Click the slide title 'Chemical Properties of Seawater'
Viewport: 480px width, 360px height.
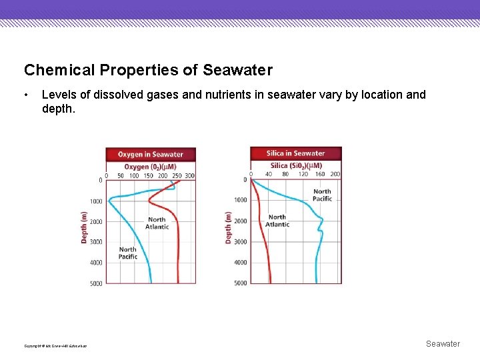tap(148, 70)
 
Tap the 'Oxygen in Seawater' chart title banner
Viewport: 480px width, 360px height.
tap(150, 154)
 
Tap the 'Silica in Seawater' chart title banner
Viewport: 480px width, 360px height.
tap(295, 153)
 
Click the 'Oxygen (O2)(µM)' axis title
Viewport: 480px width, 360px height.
tap(150, 166)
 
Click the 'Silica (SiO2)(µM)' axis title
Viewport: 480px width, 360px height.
tap(295, 165)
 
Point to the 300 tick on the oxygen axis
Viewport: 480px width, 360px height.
tap(189, 176)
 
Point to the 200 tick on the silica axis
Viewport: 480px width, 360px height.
tap(335, 175)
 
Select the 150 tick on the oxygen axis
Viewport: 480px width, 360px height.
tap(148, 176)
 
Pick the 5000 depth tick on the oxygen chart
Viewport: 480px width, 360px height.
tap(96, 283)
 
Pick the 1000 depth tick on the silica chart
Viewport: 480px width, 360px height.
tap(240, 200)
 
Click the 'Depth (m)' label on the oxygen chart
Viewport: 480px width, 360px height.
tap(84, 227)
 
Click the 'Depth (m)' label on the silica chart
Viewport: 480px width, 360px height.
tap(229, 227)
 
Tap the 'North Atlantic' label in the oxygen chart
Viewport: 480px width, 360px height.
tap(157, 223)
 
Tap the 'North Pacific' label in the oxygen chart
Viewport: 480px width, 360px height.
tap(128, 253)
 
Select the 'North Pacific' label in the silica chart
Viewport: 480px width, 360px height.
tap(322, 195)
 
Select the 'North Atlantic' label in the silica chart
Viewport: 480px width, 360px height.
tap(277, 221)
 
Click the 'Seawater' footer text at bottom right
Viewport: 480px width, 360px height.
tap(443, 344)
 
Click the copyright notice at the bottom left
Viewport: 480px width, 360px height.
tap(55, 345)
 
